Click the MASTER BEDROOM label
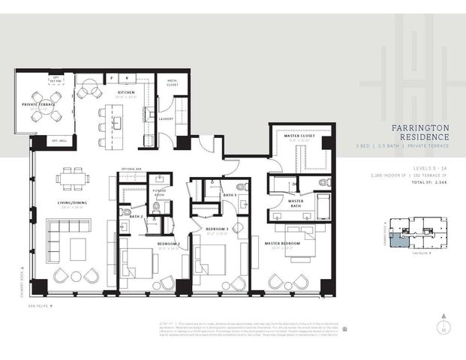pos(281,244)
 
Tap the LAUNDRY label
pos(166,118)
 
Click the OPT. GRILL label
pos(59,141)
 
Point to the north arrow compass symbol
pos(443,328)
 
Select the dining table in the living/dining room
pos(74,176)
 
